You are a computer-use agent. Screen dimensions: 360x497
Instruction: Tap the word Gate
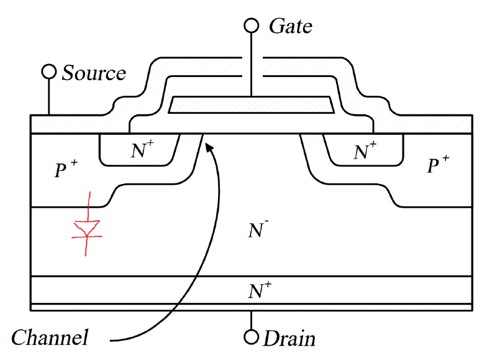pyautogui.click(x=290, y=26)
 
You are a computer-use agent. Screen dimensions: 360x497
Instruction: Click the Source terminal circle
pyautogui.click(x=48, y=72)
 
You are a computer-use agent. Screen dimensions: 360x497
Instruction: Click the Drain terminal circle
pyautogui.click(x=251, y=338)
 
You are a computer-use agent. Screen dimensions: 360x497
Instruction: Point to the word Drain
pyautogui.click(x=290, y=339)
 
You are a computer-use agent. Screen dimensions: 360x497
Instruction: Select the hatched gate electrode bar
pyautogui.click(x=252, y=105)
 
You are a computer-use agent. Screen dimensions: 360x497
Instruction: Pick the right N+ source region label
pyautogui.click(x=365, y=150)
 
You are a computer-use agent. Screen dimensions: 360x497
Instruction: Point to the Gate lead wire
pyautogui.click(x=251, y=62)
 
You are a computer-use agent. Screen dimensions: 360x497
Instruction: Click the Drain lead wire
pyautogui.click(x=251, y=320)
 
